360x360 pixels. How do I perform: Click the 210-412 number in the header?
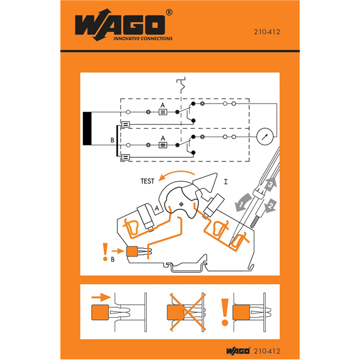pyautogui.click(x=267, y=32)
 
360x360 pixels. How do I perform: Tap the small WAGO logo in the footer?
pyautogui.click(x=238, y=351)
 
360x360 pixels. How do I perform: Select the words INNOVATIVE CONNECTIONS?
pyautogui.click(x=143, y=38)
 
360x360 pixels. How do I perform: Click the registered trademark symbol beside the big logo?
pyautogui.click(x=169, y=12)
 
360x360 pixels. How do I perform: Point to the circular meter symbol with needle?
pyautogui.click(x=264, y=136)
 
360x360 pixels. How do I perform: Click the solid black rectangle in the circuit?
pyautogui.click(x=87, y=128)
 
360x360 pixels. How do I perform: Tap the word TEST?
pyautogui.click(x=147, y=181)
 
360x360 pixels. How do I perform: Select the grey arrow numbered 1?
pyautogui.click(x=242, y=202)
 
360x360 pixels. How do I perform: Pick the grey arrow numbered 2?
pyautogui.click(x=271, y=205)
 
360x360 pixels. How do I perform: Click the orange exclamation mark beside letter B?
pyautogui.click(x=105, y=251)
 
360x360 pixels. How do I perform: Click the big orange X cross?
pyautogui.click(x=187, y=312)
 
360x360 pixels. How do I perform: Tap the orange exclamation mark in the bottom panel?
pyautogui.click(x=225, y=312)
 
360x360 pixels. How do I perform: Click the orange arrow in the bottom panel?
pyautogui.click(x=101, y=297)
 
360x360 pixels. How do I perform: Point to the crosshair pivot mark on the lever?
pyautogui.click(x=181, y=204)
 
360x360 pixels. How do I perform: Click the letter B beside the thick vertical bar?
pyautogui.click(x=112, y=140)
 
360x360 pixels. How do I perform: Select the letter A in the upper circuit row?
pyautogui.click(x=163, y=105)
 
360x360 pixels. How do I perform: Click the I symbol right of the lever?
pyautogui.click(x=226, y=182)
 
